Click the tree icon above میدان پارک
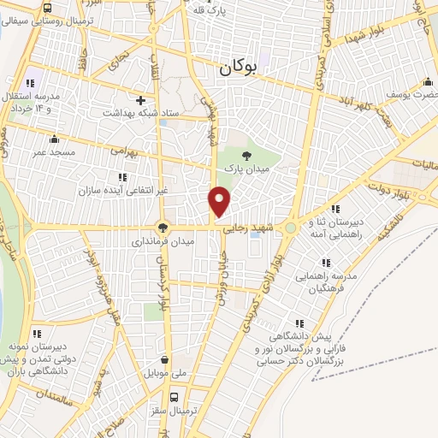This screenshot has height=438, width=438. (x=247, y=155)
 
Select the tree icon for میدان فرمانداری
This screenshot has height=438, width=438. (x=163, y=228)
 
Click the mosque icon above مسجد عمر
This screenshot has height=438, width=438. (x=55, y=139)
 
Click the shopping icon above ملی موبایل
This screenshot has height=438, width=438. (x=176, y=360)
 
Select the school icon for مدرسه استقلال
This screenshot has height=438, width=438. (x=30, y=83)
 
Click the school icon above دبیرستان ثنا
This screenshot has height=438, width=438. (x=336, y=208)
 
